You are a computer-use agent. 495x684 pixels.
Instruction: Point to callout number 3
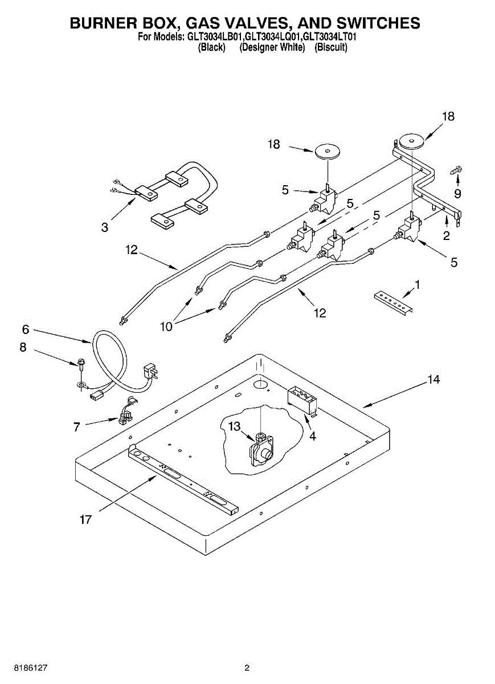pos(104,227)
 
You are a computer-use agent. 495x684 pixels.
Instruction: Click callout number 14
pos(434,379)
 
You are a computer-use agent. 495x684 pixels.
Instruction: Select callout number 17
pos(85,519)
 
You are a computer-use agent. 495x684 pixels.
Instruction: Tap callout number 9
pos(457,193)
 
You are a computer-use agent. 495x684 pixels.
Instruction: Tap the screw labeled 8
pos(81,364)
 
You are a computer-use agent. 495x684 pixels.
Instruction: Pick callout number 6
pos(25,329)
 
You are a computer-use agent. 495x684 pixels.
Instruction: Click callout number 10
pos(166,326)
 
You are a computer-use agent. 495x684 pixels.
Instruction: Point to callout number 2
pos(446,234)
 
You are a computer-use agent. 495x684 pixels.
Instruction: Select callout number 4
pos(312,436)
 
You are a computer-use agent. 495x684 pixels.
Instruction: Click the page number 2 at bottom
pos(247,667)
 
